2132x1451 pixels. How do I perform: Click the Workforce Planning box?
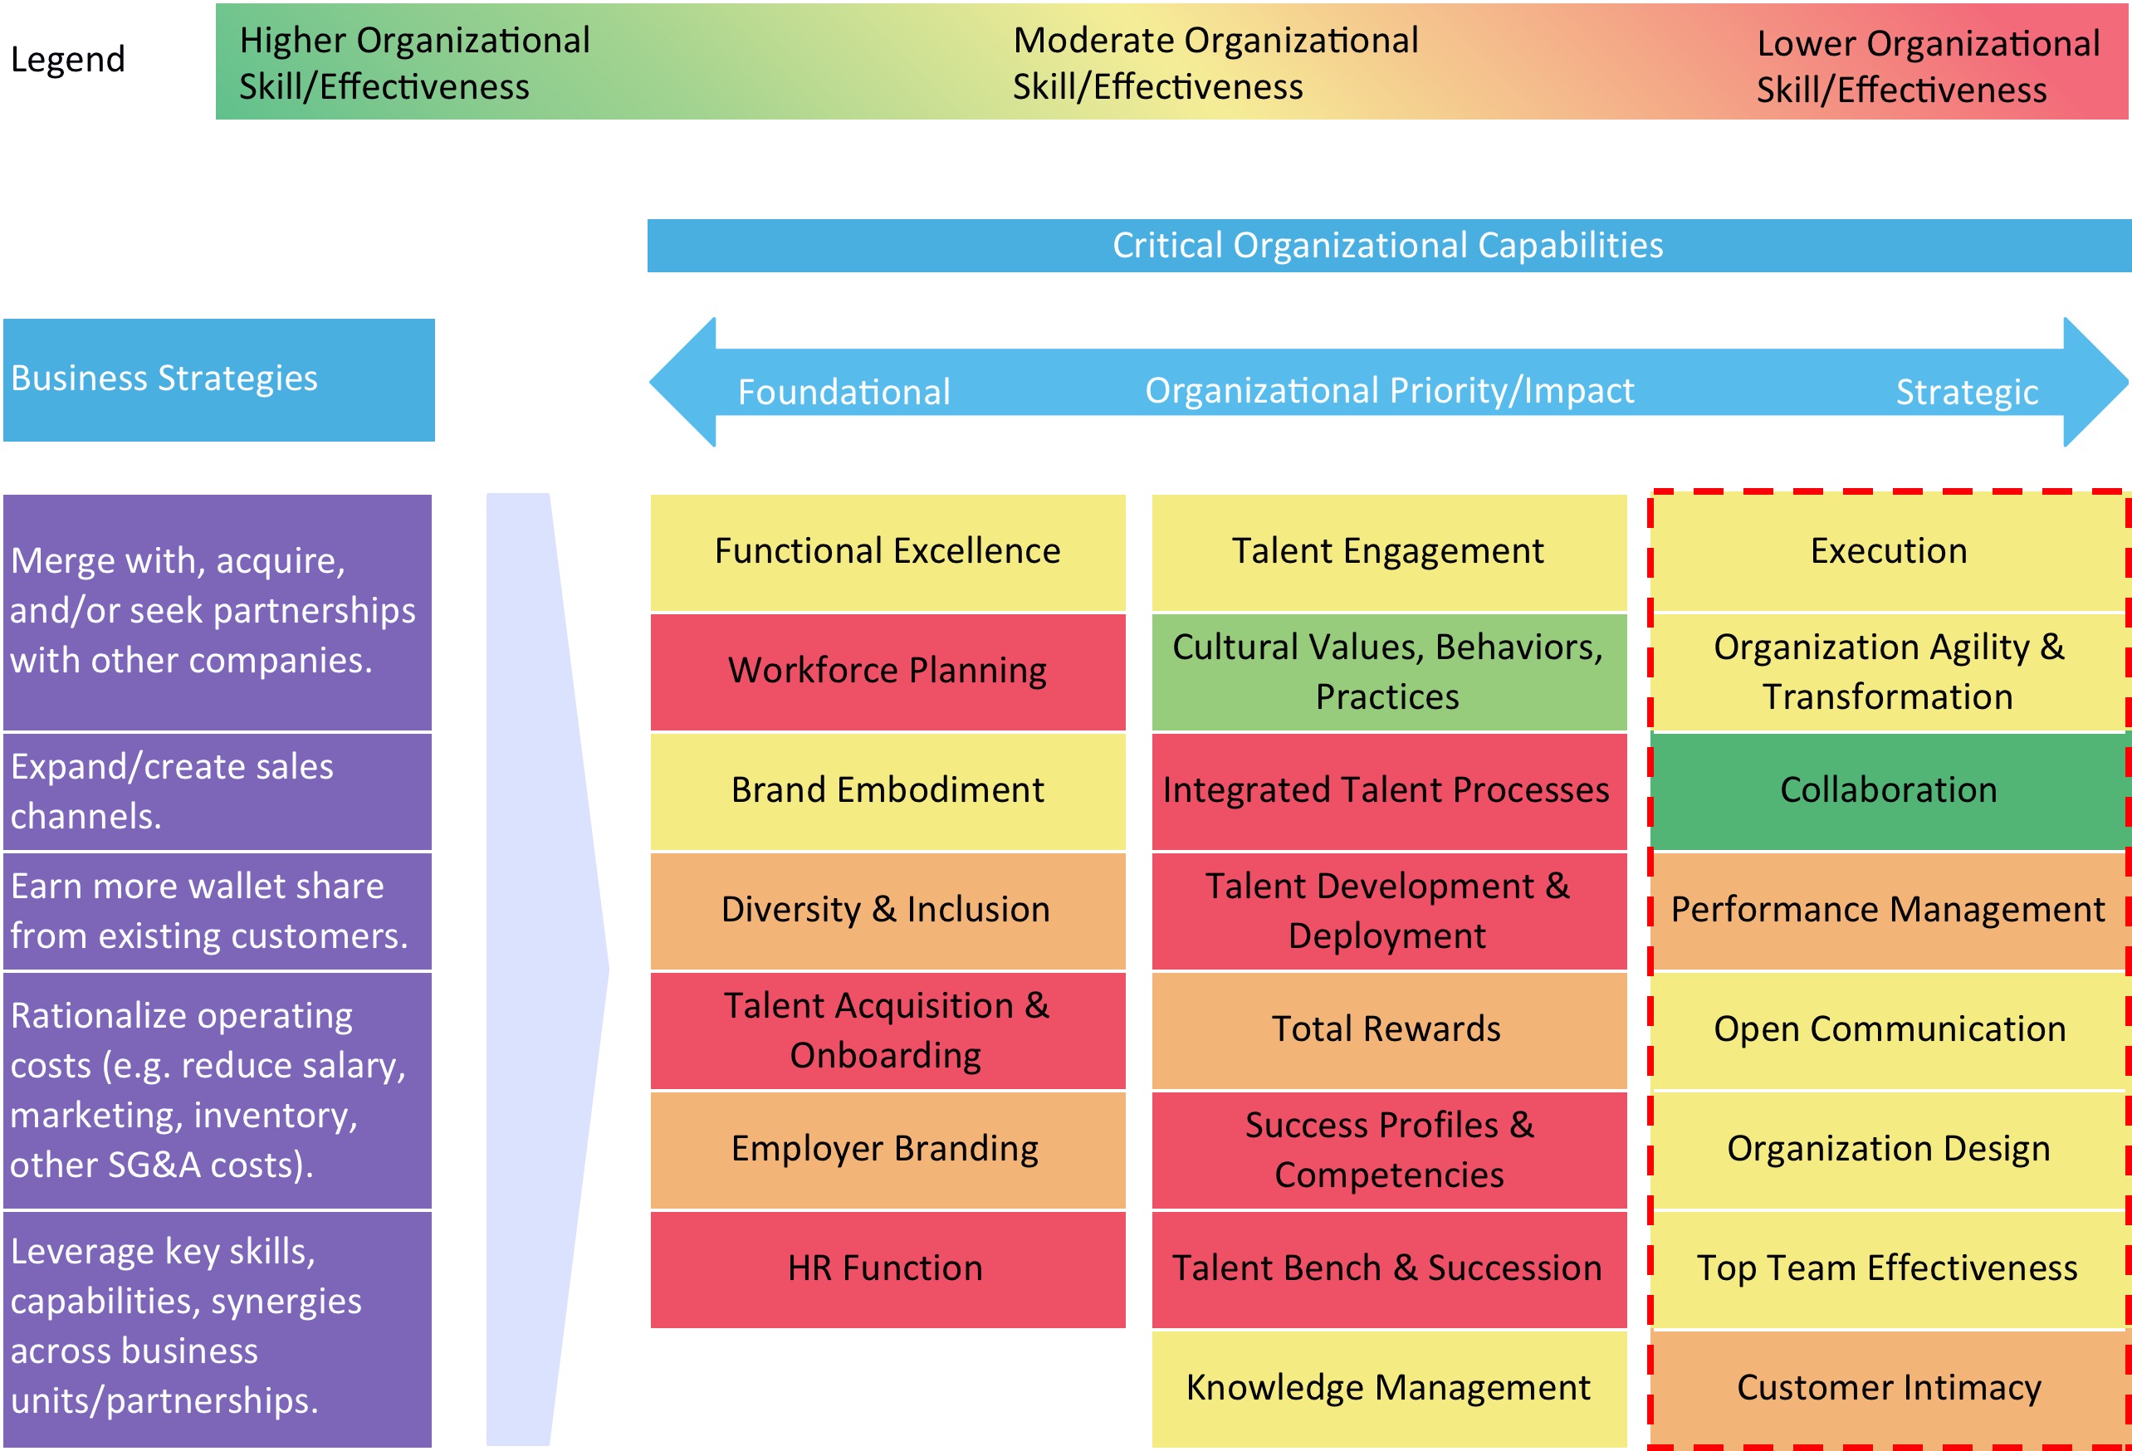[x=888, y=671]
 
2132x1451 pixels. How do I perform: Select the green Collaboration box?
[x=1888, y=789]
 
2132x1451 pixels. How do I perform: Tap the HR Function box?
[x=888, y=1268]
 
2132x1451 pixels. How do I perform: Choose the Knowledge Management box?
[x=1388, y=1387]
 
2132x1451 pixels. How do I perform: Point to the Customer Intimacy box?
[x=1888, y=1387]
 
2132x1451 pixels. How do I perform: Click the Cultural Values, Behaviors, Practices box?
[x=1388, y=671]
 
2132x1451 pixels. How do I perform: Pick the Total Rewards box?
[x=1388, y=1029]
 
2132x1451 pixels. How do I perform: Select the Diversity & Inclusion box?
[x=888, y=910]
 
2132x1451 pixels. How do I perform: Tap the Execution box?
[x=1888, y=551]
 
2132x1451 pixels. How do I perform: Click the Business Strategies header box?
[x=218, y=379]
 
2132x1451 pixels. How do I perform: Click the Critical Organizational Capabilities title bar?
[x=1387, y=245]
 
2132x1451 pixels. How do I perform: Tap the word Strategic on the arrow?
[x=1966, y=392]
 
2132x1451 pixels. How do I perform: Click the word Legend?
[x=67, y=60]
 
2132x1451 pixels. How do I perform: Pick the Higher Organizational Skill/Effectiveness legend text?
[x=413, y=62]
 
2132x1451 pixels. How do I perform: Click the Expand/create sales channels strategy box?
[x=217, y=790]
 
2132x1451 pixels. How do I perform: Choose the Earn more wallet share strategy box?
[x=217, y=911]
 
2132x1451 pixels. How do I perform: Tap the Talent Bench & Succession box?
[x=1388, y=1268]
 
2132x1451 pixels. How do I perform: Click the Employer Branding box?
[x=888, y=1148]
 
